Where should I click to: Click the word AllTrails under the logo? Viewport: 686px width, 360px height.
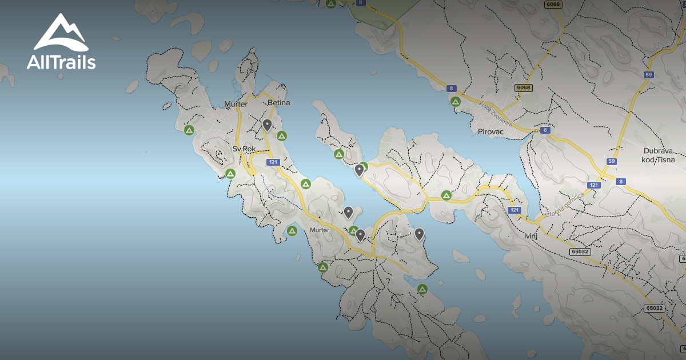pos(61,62)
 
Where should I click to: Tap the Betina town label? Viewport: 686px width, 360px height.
pos(279,103)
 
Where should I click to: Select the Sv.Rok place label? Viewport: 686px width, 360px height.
pos(244,149)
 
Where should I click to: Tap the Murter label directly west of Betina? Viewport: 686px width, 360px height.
pos(236,104)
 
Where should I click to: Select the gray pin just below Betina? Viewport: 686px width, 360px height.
pos(267,125)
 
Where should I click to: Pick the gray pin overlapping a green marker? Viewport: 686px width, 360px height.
pos(360,170)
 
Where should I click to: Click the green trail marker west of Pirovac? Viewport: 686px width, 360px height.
pos(456,102)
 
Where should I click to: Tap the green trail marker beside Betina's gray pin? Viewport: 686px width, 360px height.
pos(281,135)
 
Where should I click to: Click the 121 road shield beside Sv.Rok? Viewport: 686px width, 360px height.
pos(273,162)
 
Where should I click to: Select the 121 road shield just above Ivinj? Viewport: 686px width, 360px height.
pos(515,210)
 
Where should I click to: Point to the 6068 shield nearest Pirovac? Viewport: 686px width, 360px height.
pos(523,87)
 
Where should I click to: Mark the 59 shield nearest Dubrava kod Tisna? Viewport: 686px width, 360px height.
pos(612,162)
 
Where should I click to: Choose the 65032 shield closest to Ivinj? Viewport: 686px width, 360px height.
pos(580,251)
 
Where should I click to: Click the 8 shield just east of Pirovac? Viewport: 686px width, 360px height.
pos(546,130)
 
